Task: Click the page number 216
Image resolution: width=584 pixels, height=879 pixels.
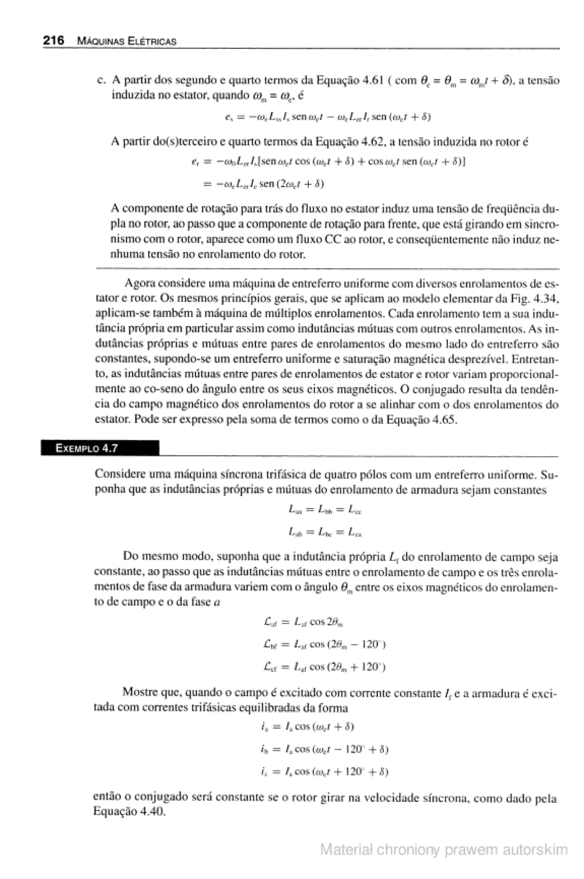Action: (53, 40)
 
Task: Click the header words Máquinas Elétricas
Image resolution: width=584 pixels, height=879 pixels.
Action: (126, 41)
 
